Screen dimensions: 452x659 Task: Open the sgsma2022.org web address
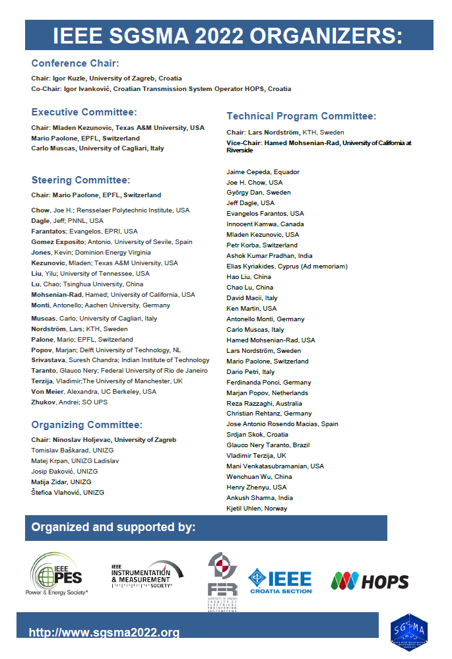(104, 633)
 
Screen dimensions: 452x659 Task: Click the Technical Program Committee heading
(301, 116)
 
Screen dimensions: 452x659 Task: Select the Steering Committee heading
(81, 179)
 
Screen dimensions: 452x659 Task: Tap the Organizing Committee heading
(87, 425)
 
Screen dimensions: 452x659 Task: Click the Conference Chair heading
(75, 63)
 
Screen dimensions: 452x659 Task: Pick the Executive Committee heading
(84, 112)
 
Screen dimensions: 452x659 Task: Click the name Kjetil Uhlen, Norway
(257, 509)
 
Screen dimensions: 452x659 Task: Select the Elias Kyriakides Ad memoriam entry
(287, 267)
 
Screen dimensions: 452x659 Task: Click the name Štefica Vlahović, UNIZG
(67, 492)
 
